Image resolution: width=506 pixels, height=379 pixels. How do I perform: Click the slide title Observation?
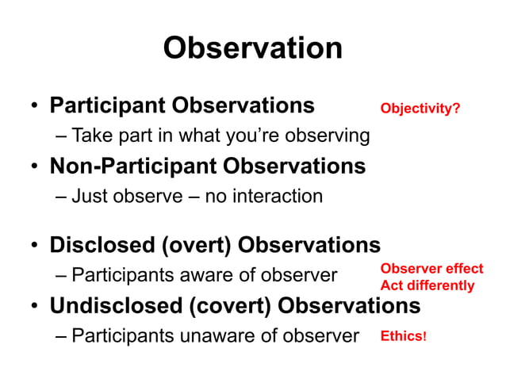coord(252,48)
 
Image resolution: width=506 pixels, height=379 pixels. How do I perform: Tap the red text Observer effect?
coord(431,269)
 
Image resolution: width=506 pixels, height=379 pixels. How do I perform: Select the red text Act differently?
coord(427,285)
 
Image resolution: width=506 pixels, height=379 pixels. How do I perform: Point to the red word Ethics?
coord(404,336)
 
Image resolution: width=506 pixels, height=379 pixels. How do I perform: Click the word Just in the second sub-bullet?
coord(89,195)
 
